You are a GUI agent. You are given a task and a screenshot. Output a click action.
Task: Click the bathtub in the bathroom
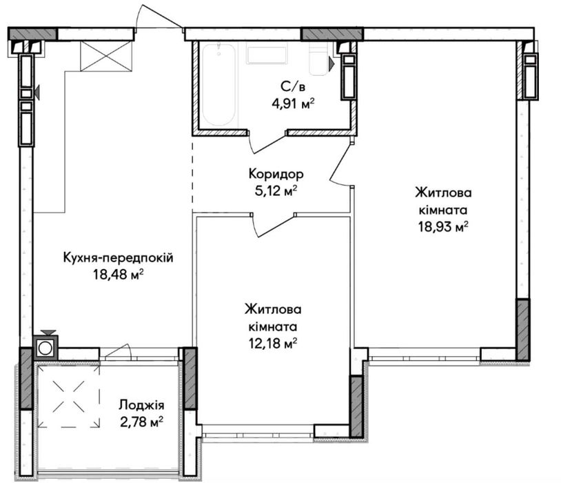(219, 85)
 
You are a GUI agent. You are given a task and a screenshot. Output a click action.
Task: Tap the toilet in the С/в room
(319, 60)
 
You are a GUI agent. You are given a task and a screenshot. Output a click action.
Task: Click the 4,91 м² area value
(293, 104)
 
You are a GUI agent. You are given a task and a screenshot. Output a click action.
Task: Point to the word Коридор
(276, 174)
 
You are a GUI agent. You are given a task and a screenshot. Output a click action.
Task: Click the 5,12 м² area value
(276, 191)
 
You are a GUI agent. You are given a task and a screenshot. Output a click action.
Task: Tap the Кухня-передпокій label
(118, 257)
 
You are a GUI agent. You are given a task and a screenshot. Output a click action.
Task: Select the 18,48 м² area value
(118, 275)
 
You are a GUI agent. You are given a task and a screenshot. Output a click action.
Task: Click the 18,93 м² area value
(444, 227)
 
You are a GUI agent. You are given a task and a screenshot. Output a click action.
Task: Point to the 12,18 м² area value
(273, 344)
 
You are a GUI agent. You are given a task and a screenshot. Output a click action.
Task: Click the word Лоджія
(142, 405)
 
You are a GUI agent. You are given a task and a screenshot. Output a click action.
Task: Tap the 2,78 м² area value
(142, 422)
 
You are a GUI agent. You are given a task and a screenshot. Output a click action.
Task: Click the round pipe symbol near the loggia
(45, 348)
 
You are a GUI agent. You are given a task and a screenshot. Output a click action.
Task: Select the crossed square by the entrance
(106, 56)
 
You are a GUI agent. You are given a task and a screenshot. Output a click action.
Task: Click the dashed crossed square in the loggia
(69, 397)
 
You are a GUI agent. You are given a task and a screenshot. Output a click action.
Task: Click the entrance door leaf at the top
(162, 15)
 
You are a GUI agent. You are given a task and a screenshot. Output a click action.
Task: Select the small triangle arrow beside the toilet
(331, 63)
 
